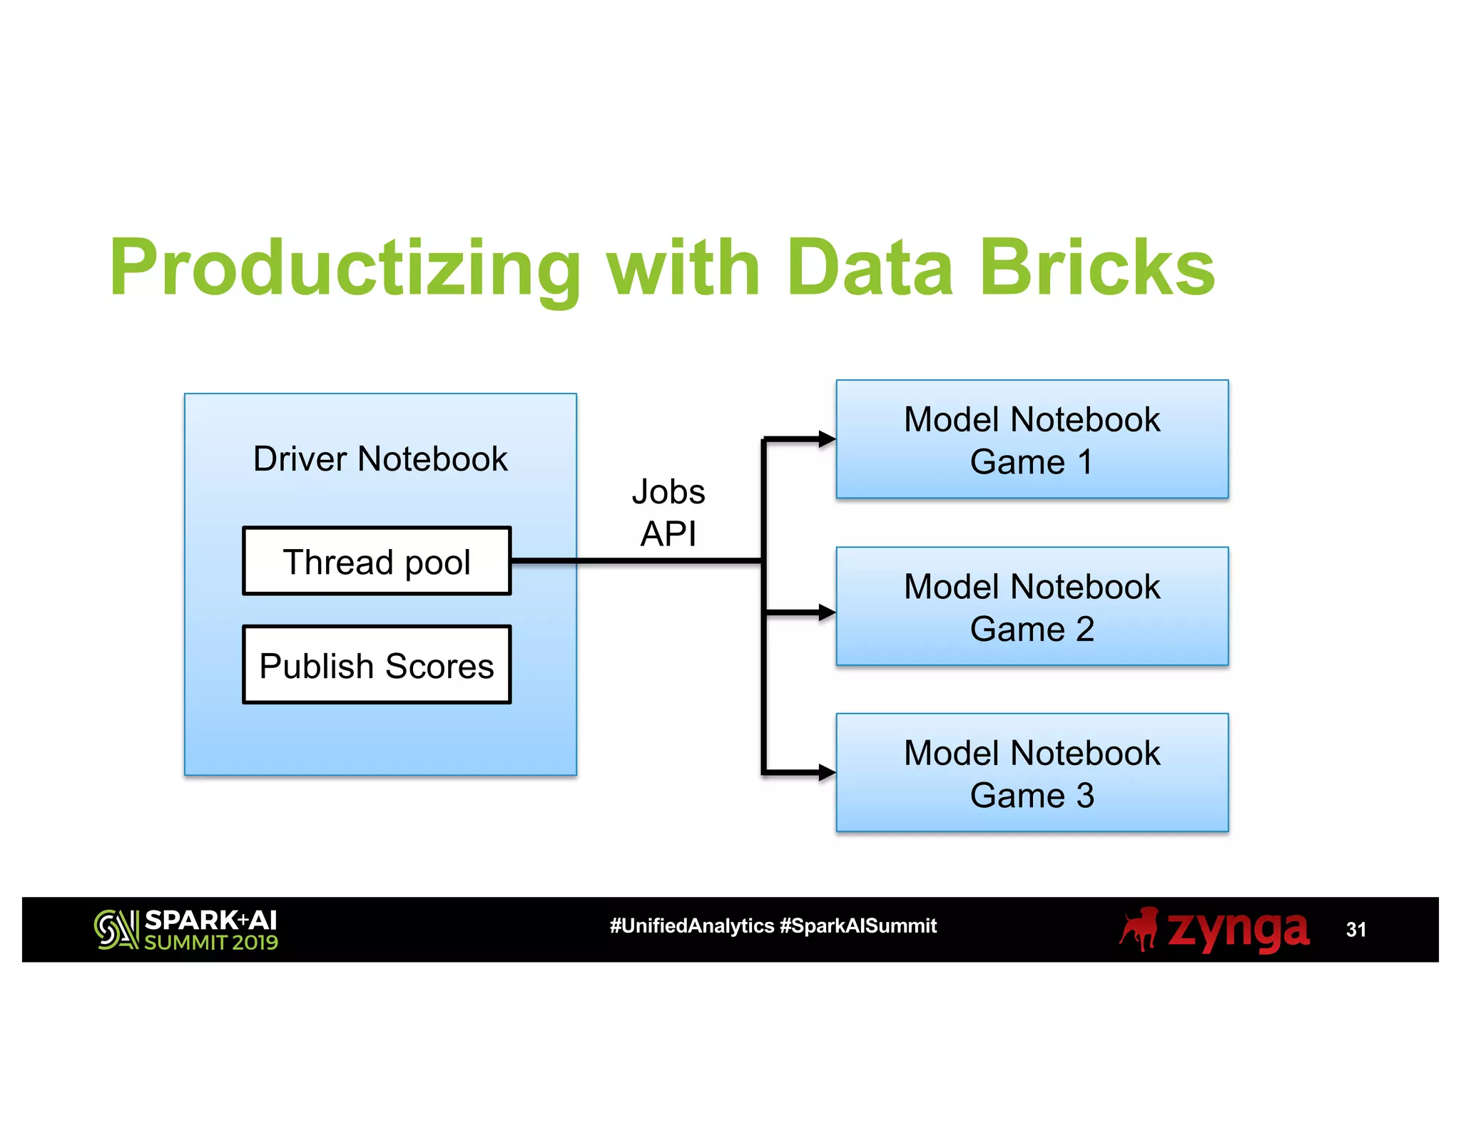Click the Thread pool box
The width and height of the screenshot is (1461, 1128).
[x=377, y=561]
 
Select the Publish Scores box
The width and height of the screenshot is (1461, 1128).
[x=377, y=665]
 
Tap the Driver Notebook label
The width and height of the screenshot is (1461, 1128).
[x=380, y=458]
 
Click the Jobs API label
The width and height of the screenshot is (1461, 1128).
[x=668, y=513]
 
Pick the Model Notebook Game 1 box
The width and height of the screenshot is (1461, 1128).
[x=1032, y=439]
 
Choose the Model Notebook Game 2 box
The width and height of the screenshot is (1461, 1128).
[x=1032, y=607]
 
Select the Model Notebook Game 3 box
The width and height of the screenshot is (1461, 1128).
[x=1032, y=773]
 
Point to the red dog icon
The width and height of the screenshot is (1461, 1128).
[x=1139, y=929]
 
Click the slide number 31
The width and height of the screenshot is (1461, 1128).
[x=1355, y=930]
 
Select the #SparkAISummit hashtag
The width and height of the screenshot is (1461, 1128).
[x=858, y=926]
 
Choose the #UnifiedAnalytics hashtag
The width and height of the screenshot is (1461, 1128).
[x=691, y=926]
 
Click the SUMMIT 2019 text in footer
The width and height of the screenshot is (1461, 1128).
[x=211, y=943]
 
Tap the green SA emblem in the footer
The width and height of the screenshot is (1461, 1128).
[x=116, y=930]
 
